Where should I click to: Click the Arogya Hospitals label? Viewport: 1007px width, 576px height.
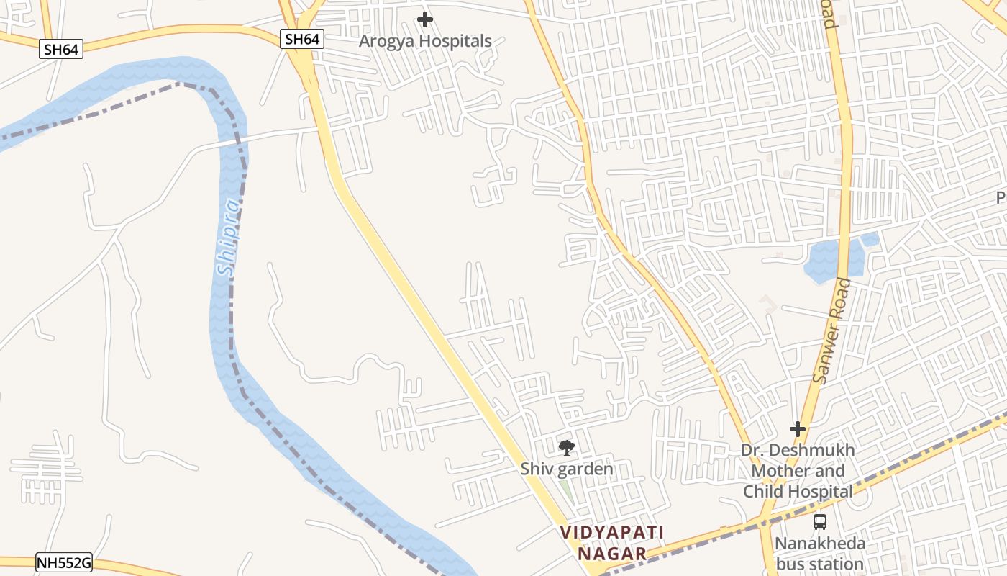click(425, 41)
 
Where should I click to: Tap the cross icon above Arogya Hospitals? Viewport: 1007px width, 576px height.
click(425, 19)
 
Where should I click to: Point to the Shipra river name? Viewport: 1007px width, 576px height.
click(228, 238)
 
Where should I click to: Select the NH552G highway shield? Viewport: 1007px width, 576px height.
click(64, 563)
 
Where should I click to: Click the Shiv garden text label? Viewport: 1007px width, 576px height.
click(567, 469)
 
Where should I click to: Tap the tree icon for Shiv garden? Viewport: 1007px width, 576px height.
click(567, 448)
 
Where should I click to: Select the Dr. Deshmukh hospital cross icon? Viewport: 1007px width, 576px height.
click(798, 430)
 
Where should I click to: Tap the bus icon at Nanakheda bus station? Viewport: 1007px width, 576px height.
click(819, 522)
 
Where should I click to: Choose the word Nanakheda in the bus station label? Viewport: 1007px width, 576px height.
click(819, 544)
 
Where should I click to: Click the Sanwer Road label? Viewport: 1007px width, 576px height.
click(831, 330)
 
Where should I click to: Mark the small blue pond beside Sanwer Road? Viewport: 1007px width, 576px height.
click(834, 259)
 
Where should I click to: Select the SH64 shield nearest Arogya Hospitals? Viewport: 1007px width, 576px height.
click(302, 39)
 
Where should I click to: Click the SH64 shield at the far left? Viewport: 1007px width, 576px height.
click(62, 49)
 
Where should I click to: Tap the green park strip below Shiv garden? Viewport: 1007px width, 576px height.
click(567, 490)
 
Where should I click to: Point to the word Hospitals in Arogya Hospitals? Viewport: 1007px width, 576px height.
click(456, 41)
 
